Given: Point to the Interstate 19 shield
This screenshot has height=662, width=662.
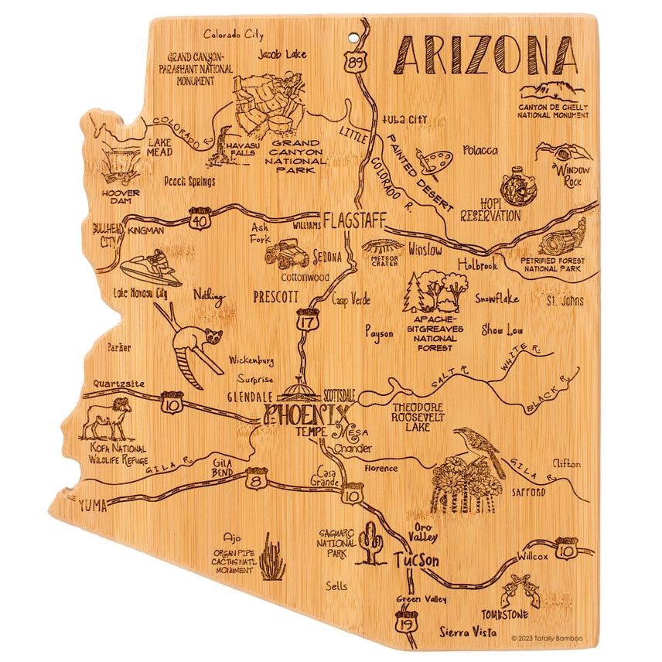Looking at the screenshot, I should pos(406,623).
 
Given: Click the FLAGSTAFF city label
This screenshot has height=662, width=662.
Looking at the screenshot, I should pos(354,220).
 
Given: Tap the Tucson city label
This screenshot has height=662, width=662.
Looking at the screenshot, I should pos(416,561).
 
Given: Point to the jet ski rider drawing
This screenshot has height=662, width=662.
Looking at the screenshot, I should pos(152,268).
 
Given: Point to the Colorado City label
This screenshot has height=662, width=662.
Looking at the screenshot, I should pos(233,35).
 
